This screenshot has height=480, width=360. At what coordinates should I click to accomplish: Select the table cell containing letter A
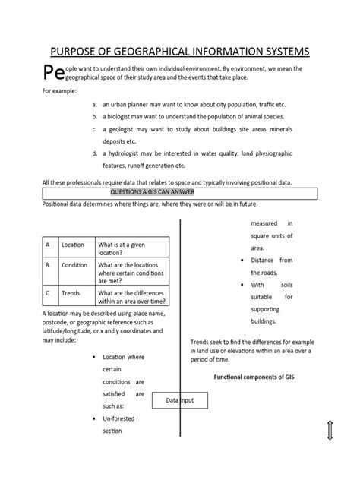[47, 245]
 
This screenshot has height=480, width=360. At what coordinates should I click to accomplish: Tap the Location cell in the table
[73, 245]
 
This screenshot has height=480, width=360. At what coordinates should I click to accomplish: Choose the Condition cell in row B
[74, 266]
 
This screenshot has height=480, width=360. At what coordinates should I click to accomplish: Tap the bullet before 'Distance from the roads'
[240, 261]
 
